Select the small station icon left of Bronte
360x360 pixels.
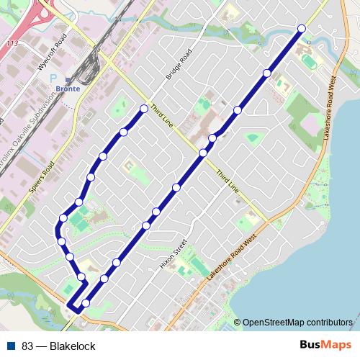pos(68,80)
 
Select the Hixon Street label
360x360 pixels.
pos(175,253)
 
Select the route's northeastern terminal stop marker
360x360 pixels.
pos(301,28)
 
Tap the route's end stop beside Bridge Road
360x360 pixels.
pos(144,109)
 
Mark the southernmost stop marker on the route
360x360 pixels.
pos(86,303)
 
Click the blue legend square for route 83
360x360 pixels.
pos(12,346)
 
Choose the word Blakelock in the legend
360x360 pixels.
pos(72,346)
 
